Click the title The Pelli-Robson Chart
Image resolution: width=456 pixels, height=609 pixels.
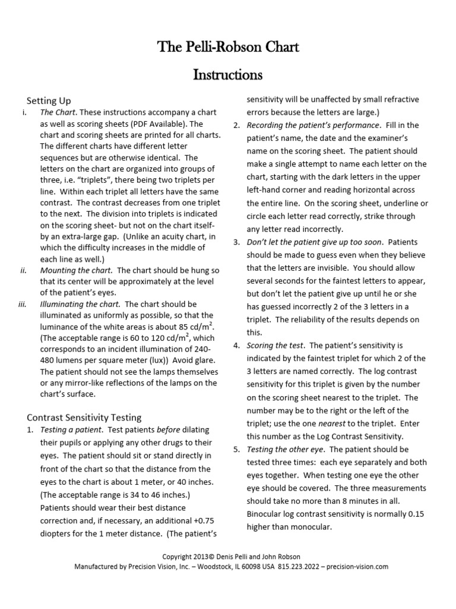pyautogui.click(x=228, y=47)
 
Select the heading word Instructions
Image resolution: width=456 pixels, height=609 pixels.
pyautogui.click(x=228, y=75)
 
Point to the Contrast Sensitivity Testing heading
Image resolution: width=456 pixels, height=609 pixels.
pyautogui.click(x=85, y=417)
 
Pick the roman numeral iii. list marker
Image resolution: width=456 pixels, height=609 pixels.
pyautogui.click(x=23, y=304)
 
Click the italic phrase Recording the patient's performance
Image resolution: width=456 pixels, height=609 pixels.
pyautogui.click(x=313, y=125)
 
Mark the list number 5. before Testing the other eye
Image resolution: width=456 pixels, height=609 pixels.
pyautogui.click(x=236, y=449)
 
